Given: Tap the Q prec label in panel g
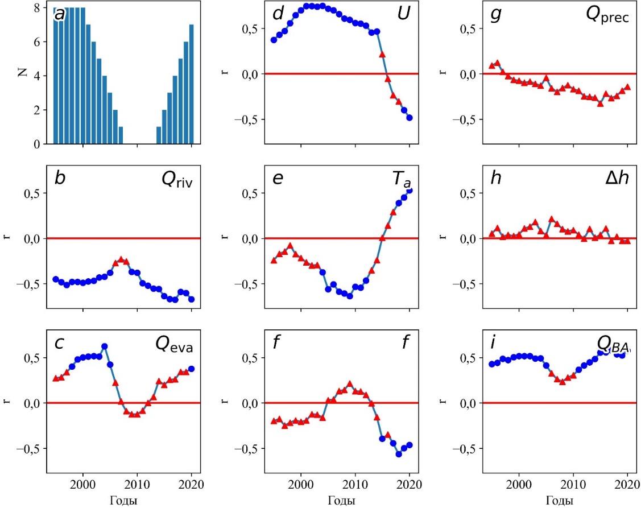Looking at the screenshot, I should [x=607, y=17].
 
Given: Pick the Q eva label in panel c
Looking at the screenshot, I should [x=175, y=345].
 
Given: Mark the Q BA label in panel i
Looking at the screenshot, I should [x=613, y=344].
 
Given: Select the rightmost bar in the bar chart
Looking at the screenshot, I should [x=192, y=84].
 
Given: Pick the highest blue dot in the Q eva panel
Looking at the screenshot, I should [x=105, y=346].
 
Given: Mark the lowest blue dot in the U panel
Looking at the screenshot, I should [x=409, y=118].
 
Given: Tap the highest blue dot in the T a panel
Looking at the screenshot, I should [x=409, y=191].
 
